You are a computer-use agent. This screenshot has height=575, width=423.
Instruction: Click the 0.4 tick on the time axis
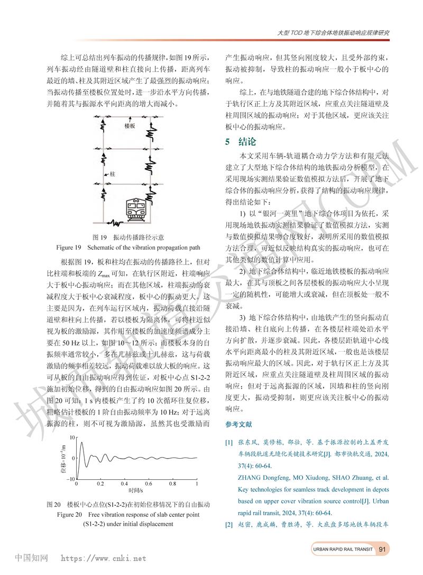pyautogui.click(x=124, y=483)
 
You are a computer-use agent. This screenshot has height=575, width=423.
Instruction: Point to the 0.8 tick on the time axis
pyautogui.click(x=172, y=483)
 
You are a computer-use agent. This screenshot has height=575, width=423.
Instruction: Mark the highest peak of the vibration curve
pyautogui.click(x=81, y=442)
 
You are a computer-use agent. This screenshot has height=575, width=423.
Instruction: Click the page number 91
pyautogui.click(x=382, y=550)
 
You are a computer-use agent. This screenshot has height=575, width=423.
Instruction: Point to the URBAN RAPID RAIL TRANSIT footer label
pyautogui.click(x=342, y=550)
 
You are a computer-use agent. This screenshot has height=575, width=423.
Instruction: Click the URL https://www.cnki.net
pyautogui.click(x=104, y=558)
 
